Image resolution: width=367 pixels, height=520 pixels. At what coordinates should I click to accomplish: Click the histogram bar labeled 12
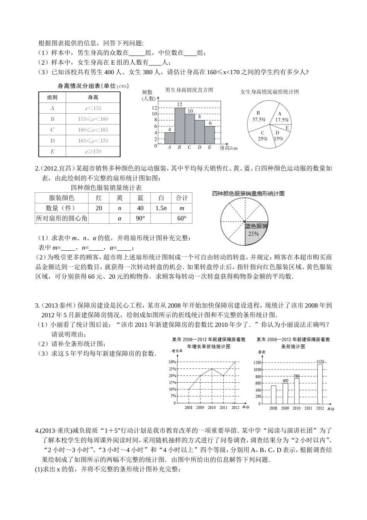pos(179,126)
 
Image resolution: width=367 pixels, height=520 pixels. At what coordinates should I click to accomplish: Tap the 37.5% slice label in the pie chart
pos(259,120)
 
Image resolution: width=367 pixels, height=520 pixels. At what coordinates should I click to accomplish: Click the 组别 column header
pos(52,97)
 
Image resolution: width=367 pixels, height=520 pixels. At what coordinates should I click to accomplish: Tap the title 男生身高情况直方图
pos(189,90)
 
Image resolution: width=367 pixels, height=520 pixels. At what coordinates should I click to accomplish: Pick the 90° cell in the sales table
pos(140,218)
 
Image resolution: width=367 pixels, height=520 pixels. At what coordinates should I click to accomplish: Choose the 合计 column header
pos(182,198)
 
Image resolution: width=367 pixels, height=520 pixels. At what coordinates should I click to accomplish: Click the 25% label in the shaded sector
pos(253,234)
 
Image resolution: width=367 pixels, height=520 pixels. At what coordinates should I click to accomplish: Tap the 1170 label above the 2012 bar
pos(320,362)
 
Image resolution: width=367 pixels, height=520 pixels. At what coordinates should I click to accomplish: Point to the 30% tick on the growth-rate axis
pos(172,362)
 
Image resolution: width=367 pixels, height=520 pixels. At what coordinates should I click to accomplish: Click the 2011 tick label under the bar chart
pos(308,408)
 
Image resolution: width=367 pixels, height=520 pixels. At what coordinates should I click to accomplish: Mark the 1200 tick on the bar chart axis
pos(258,363)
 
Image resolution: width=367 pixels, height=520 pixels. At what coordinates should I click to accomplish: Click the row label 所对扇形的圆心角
pos(61,218)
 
